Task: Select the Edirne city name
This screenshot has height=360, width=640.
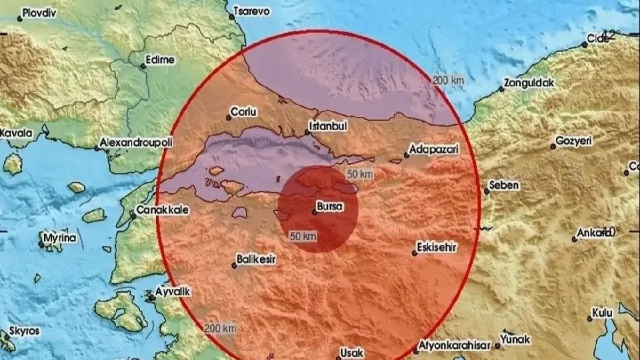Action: pos(160,60)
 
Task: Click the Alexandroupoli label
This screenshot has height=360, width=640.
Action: pos(132,143)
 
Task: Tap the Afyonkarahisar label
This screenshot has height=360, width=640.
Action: pos(455,346)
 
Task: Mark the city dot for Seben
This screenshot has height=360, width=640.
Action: pos(486,191)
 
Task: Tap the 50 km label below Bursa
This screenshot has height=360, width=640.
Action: pos(303,235)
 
